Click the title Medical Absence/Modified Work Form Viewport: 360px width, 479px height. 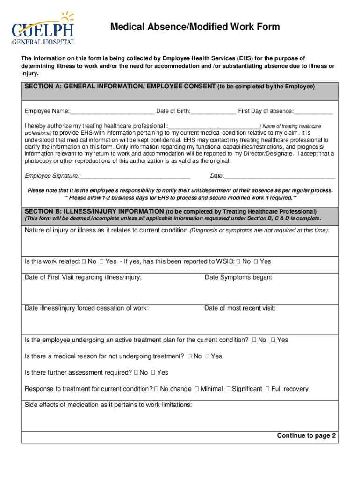pos(195,27)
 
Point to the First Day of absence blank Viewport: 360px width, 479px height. pos(313,111)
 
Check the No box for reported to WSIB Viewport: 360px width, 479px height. pos(239,261)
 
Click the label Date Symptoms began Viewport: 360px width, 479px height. pos(238,277)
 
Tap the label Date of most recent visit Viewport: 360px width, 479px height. pos(240,308)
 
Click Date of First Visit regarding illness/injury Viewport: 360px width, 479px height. pos(83,277)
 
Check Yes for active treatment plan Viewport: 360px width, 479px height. pos(273,340)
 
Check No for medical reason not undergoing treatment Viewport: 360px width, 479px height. pos(190,356)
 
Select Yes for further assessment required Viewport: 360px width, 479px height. pos(153,373)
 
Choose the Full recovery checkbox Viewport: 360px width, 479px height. pos(267,389)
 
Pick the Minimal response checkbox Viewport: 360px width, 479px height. pos(197,389)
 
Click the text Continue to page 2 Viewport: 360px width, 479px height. pos(306,435)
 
